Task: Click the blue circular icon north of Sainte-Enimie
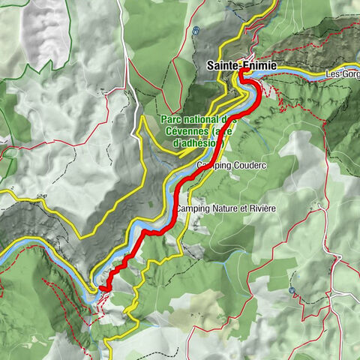pos(196,31)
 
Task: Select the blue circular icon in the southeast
pos(292,288)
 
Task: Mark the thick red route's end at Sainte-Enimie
pos(244,73)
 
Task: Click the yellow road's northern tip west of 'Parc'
pos(142,117)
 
